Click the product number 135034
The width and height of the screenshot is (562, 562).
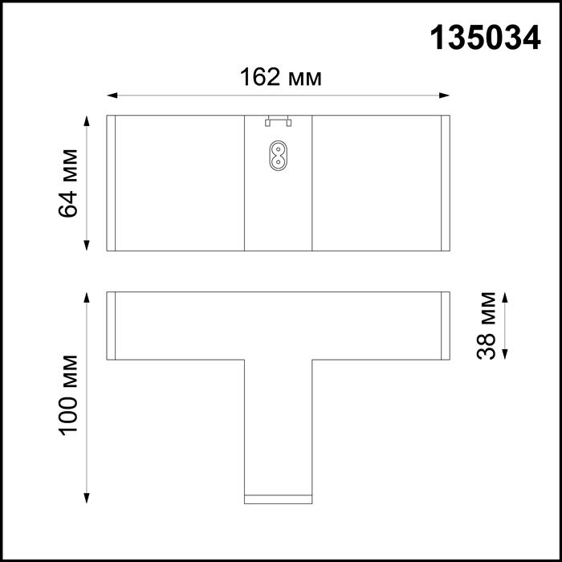click(485, 38)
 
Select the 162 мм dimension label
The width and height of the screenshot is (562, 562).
click(281, 77)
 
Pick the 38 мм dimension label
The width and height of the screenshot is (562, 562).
click(487, 325)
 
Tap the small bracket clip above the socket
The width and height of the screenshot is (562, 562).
click(277, 121)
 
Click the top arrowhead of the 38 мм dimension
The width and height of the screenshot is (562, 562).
click(505, 296)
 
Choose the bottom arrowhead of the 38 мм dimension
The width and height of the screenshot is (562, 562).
click(505, 354)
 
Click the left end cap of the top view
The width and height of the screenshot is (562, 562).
click(112, 183)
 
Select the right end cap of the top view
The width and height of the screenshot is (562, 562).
click(446, 183)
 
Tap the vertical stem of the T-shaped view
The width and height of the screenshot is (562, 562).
click(277, 426)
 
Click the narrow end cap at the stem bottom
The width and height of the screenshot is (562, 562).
click(277, 499)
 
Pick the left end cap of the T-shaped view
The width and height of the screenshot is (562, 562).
click(112, 325)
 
